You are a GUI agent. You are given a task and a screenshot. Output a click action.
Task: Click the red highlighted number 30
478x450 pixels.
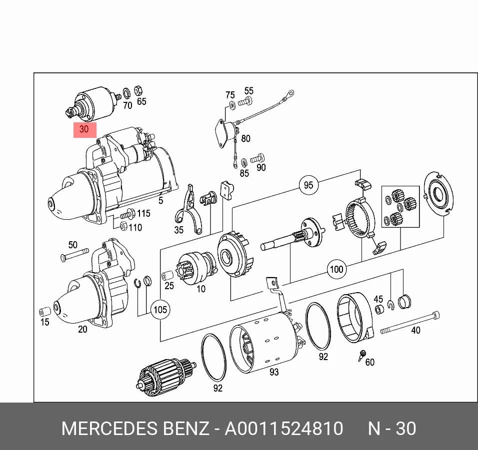pos(84,129)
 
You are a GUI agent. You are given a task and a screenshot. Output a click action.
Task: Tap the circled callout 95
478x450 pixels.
pos(308,185)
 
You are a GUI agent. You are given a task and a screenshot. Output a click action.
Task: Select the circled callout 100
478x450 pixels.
pos(336,269)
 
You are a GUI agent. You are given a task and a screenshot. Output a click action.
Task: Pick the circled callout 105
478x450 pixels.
pos(160,310)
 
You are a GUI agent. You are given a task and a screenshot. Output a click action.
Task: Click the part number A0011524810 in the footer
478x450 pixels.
pos(284,429)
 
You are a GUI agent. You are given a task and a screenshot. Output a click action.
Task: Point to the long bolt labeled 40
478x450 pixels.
pos(410,322)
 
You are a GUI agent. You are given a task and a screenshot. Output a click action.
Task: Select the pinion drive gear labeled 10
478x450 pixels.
pos(196,268)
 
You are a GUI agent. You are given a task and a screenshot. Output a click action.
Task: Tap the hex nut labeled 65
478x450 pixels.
pos(138,90)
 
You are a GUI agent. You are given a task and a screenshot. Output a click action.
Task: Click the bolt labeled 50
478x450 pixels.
pos(74,255)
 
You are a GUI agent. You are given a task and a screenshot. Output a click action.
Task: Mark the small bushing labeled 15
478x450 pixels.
pos(45,312)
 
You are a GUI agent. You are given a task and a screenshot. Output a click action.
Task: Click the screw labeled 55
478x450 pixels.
pos(245,101)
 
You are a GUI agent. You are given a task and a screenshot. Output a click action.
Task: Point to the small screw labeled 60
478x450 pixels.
pos(362,355)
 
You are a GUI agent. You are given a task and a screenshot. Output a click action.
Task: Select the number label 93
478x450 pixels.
pos(274,372)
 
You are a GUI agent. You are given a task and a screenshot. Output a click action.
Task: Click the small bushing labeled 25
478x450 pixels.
pos(167,276)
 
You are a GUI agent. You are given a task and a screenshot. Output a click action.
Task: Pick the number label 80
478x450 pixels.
pos(245,138)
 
